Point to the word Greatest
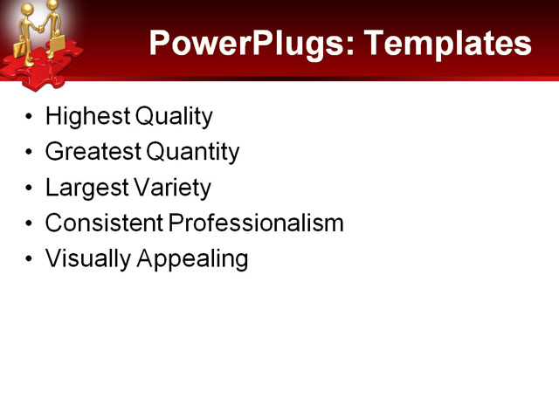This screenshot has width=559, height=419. pos(93,152)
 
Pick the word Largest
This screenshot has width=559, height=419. pos(84,188)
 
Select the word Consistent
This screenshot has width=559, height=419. pos(104,223)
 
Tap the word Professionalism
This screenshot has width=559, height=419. pos(256,223)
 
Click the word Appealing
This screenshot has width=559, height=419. pos(192,259)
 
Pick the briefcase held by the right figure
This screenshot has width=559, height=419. pos(58,43)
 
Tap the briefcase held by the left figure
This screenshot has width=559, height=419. pos(19,48)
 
